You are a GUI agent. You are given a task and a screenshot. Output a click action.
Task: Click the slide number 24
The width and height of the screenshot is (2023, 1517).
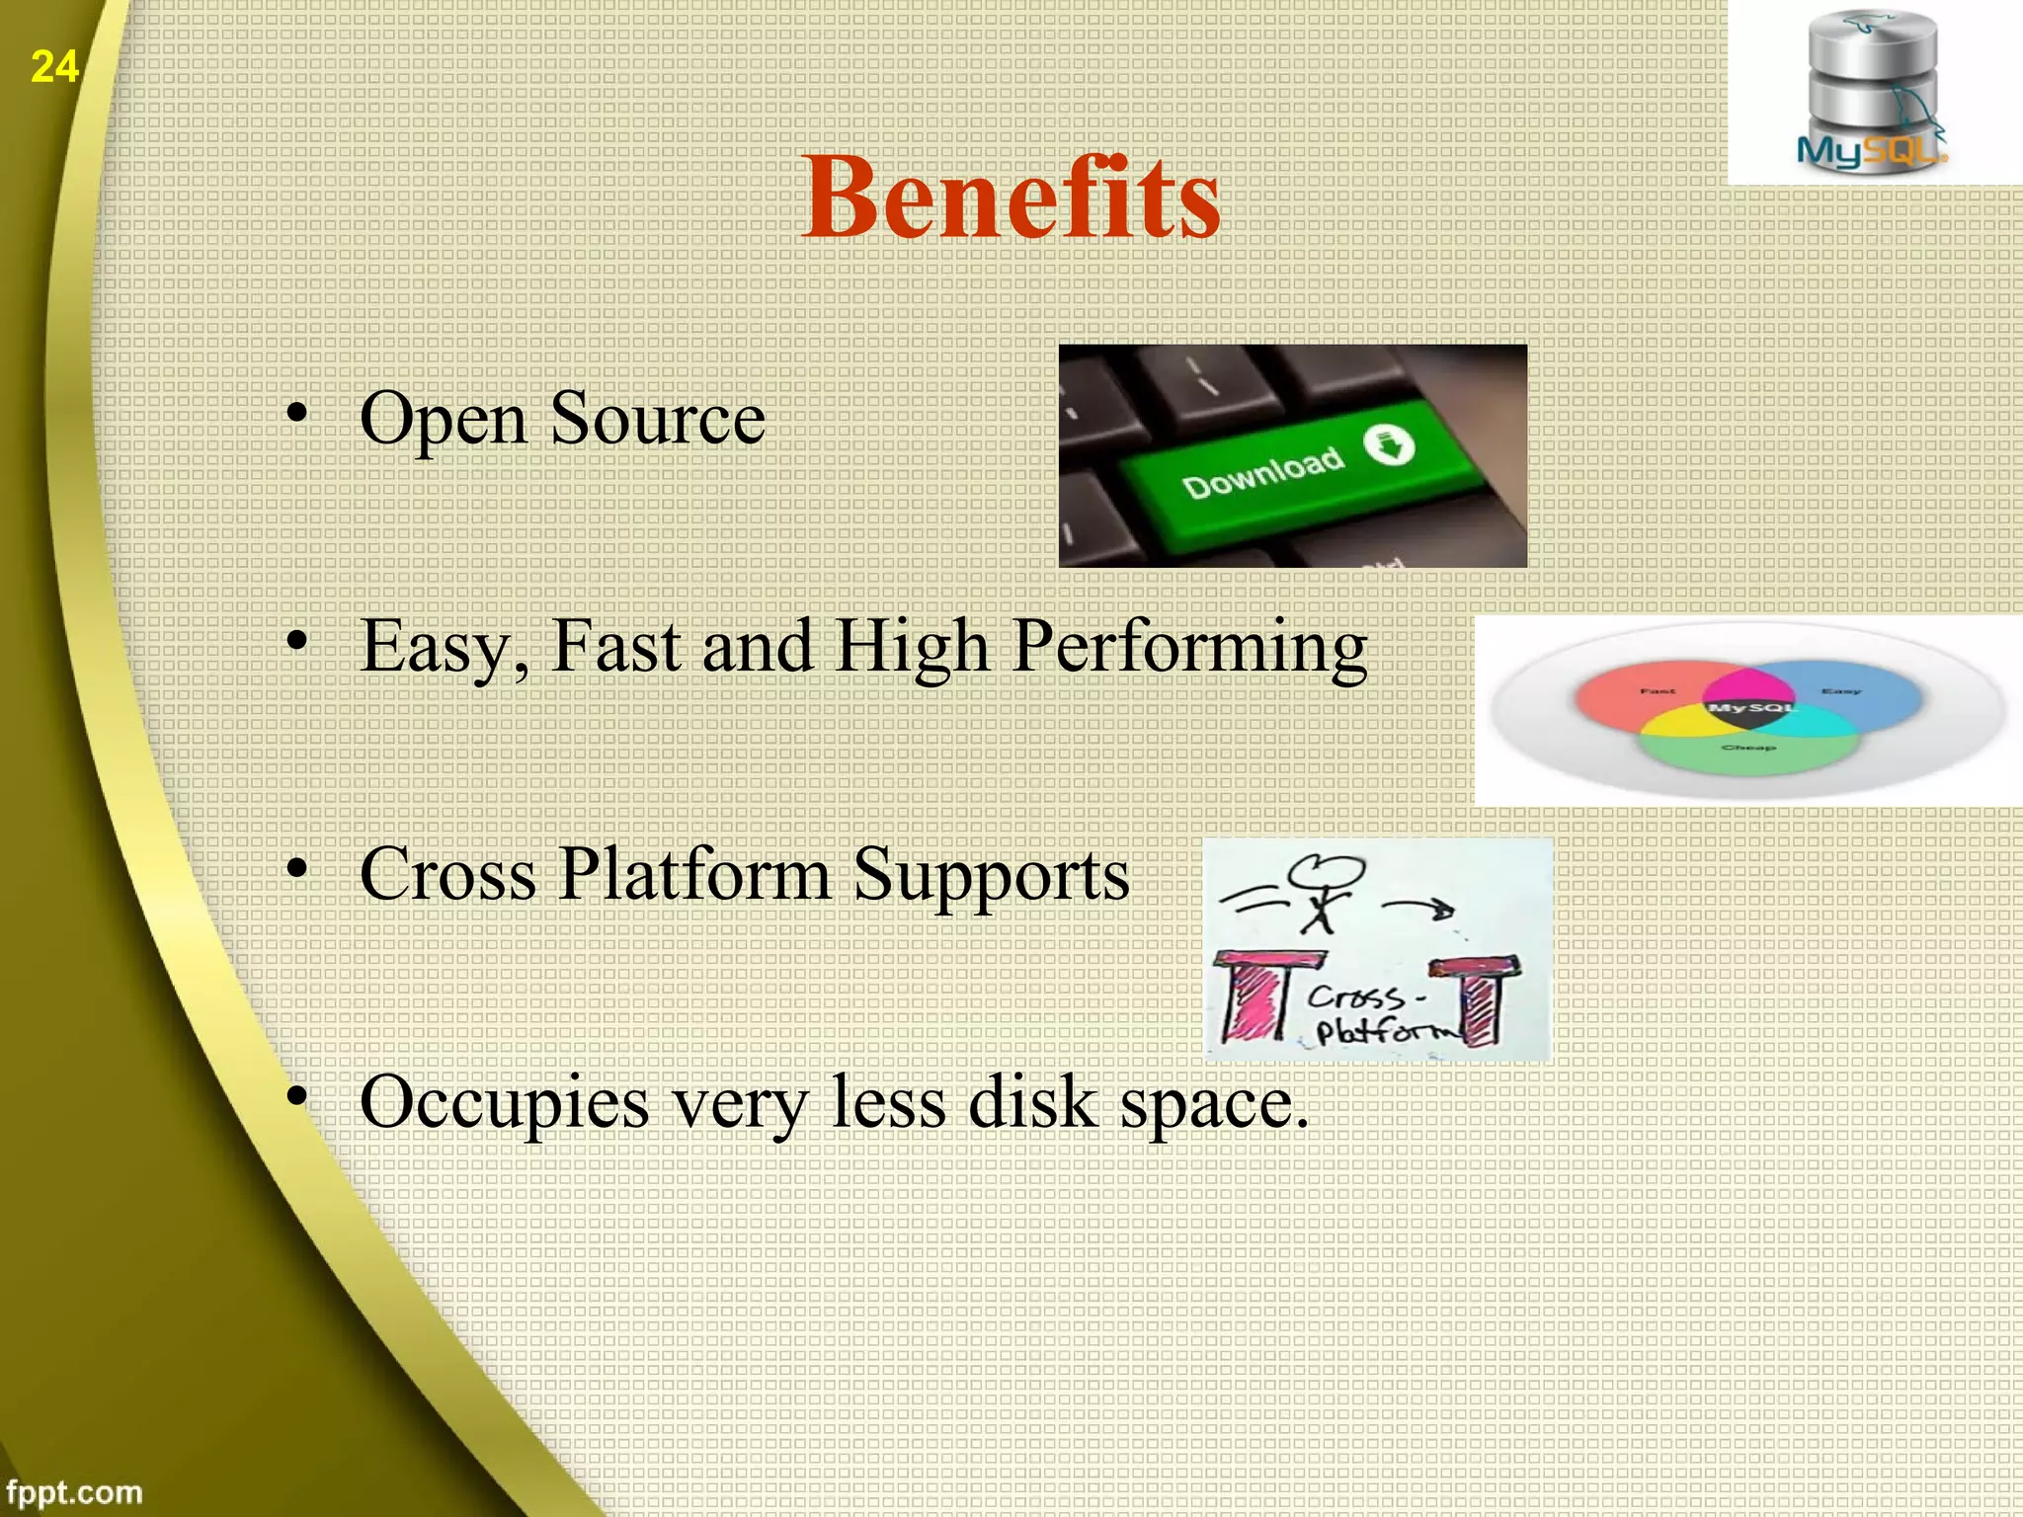[53, 67]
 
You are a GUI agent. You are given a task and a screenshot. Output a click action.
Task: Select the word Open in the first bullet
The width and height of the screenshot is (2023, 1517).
[443, 420]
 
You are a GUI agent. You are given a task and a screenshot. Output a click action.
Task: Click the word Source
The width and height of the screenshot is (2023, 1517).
[657, 420]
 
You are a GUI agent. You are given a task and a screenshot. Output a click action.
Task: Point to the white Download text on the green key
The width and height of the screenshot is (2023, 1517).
[1263, 473]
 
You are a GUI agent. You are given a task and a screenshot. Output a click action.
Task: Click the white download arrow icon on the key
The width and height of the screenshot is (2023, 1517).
[1389, 445]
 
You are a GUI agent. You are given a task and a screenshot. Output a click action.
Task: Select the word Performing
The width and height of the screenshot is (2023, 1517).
[1189, 647]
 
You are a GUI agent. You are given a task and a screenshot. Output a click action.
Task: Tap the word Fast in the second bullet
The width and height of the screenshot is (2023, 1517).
[616, 647]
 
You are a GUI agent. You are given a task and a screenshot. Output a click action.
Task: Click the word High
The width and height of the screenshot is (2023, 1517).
[912, 647]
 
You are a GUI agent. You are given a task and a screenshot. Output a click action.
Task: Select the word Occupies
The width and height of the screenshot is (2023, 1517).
[504, 1103]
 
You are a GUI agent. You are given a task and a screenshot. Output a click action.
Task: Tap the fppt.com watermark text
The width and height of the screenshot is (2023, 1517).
[74, 1491]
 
